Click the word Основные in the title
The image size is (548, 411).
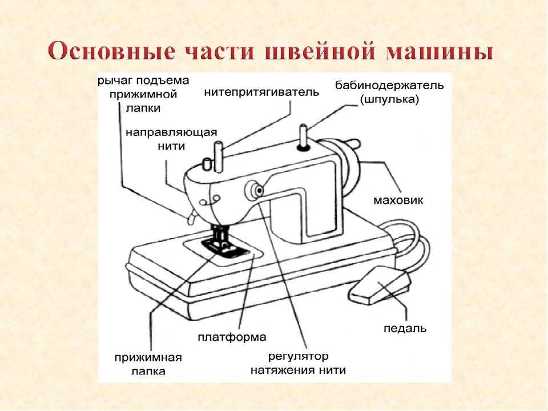(111, 52)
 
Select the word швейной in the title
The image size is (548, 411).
(321, 52)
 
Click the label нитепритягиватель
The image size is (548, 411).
(261, 92)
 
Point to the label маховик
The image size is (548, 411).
(398, 200)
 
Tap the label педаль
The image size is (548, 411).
(405, 329)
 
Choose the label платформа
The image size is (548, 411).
(232, 337)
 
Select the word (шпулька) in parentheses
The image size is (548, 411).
(389, 99)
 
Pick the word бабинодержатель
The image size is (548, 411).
(389, 85)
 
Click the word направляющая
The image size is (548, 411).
(171, 133)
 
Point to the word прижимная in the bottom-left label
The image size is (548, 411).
(148, 358)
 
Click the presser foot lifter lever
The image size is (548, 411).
(191, 217)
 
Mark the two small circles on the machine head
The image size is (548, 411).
(209, 200)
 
